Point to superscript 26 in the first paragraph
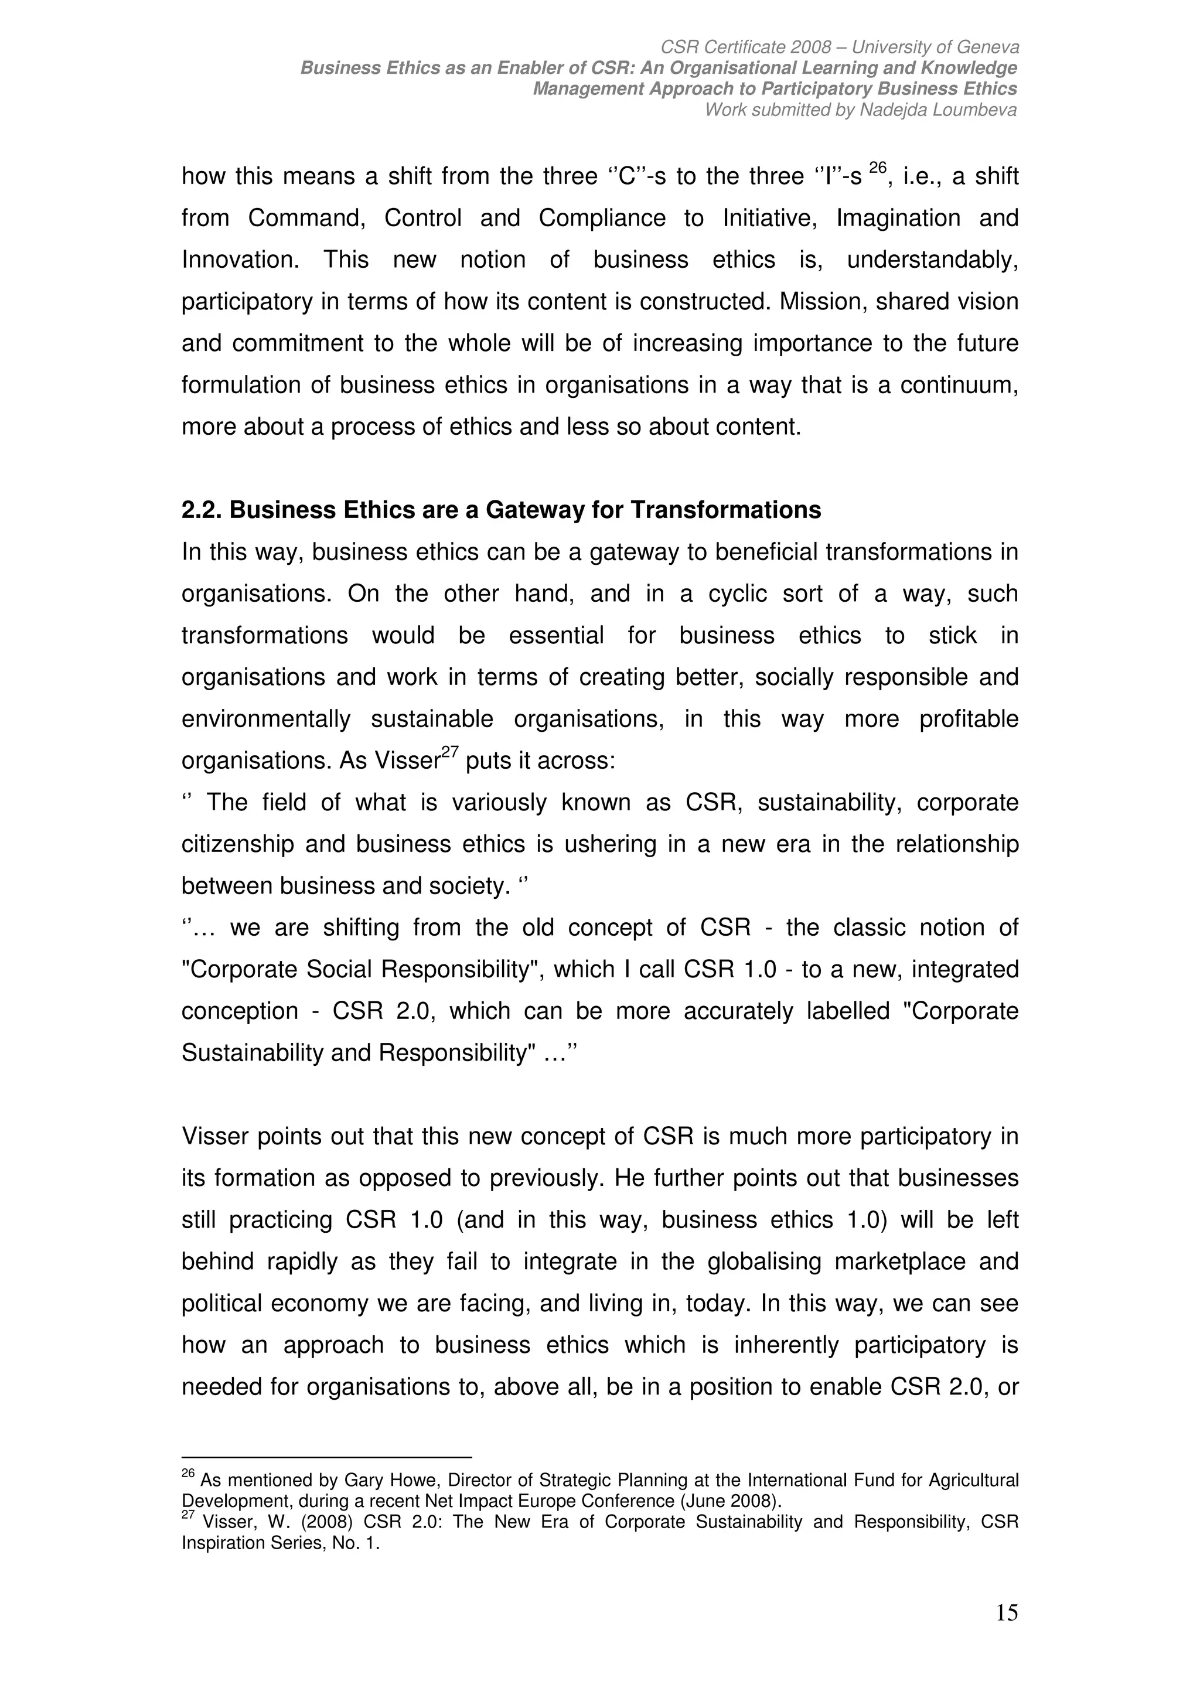[x=877, y=169]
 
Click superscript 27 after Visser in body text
[x=451, y=753]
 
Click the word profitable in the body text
[x=969, y=719]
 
